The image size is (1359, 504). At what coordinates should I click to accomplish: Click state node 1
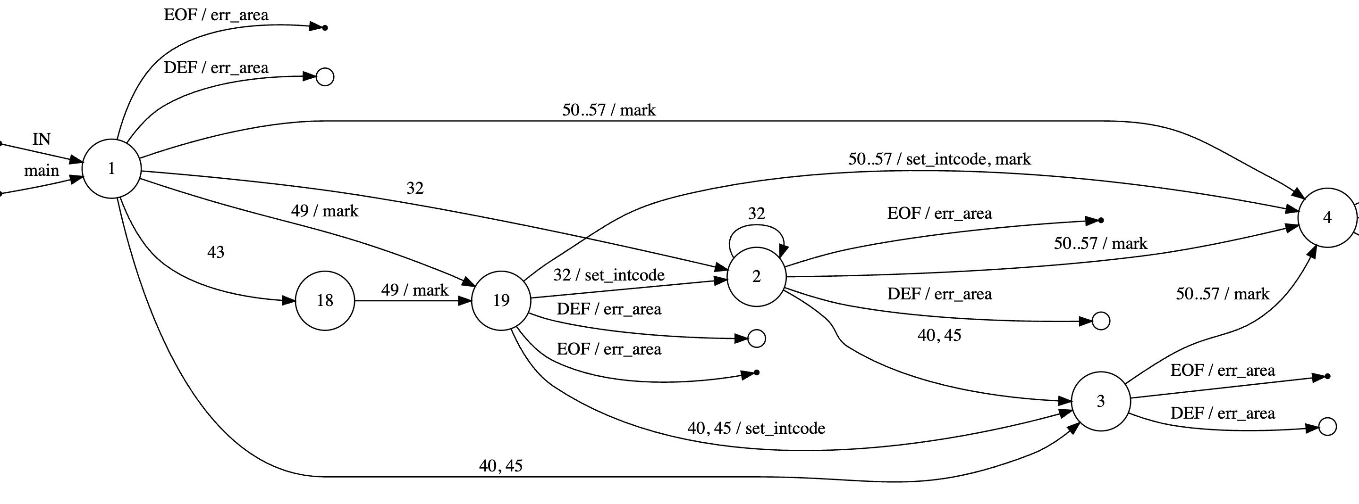111,169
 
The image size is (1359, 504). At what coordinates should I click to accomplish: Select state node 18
324,300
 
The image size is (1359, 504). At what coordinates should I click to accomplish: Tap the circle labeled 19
501,300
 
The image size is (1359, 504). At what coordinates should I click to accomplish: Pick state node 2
756,276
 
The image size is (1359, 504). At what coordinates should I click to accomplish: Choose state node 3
1100,401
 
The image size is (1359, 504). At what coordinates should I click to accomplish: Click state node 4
1327,217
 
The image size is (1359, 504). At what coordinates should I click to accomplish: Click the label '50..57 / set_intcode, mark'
939,159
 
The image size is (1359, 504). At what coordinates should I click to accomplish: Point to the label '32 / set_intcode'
608,275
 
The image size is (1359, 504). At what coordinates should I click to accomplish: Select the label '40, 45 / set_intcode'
756,428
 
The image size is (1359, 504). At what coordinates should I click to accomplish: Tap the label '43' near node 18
215,252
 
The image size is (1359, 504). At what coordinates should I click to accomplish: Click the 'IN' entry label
41,139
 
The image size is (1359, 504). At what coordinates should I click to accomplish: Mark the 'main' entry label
41,170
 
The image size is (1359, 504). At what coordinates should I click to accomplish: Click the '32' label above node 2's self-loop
756,214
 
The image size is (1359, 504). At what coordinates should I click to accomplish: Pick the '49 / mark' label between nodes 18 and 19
414,290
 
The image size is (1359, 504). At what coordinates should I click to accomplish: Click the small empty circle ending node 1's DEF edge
324,77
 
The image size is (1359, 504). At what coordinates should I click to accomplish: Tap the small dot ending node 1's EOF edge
324,27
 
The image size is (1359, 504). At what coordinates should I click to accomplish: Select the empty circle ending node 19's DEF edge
757,339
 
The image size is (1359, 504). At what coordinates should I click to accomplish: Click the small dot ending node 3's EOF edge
1327,376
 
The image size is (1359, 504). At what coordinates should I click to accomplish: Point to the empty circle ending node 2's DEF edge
1100,321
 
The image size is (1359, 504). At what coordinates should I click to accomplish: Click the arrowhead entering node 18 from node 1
288,301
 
